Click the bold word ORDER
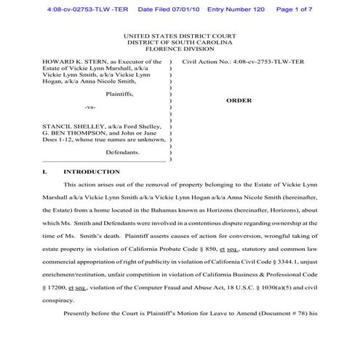pyautogui.click(x=239, y=102)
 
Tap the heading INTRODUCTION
pyautogui.click(x=92, y=172)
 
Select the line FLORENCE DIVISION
pyautogui.click(x=180, y=50)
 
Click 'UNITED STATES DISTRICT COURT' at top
pyautogui.click(x=180, y=35)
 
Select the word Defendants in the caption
pyautogui.click(x=122, y=153)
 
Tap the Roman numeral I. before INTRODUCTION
pyautogui.click(x=46, y=172)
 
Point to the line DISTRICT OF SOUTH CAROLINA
pyautogui.click(x=180, y=43)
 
